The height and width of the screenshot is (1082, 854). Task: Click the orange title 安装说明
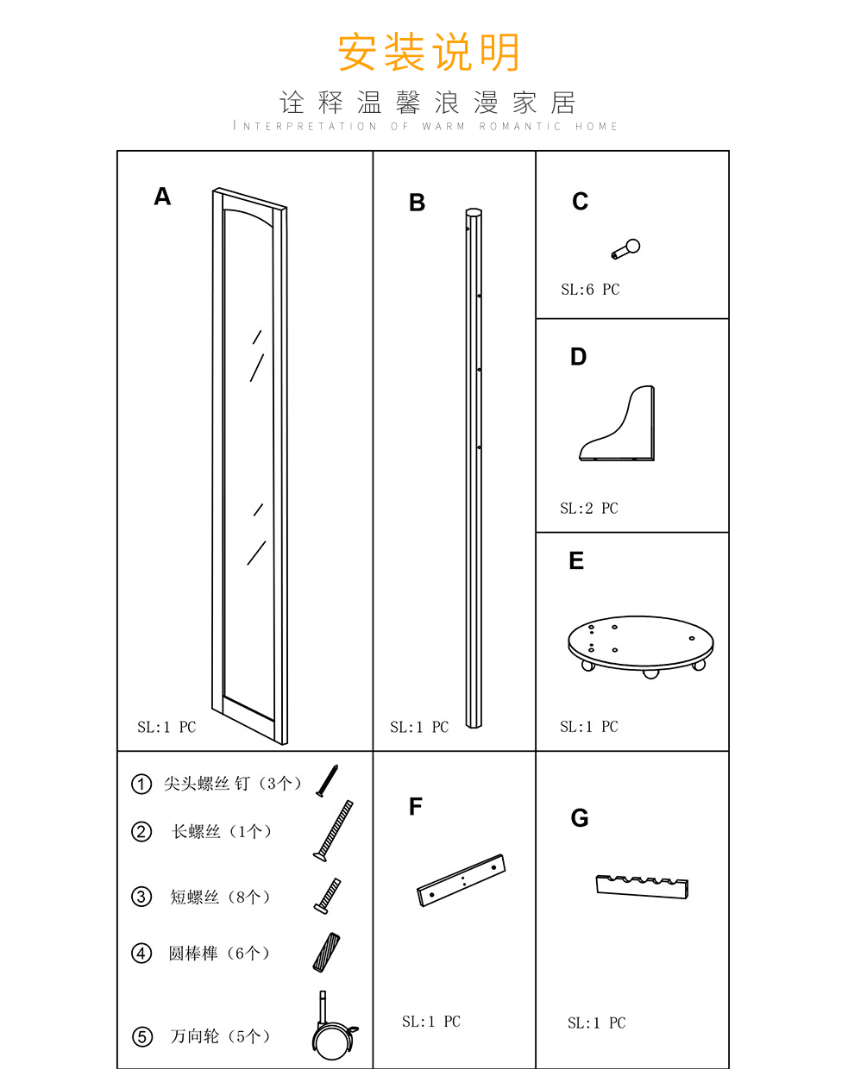(x=428, y=52)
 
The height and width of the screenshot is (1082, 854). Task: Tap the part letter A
(x=162, y=196)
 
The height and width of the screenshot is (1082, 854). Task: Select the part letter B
(x=417, y=203)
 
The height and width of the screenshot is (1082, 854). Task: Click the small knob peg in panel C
(x=625, y=249)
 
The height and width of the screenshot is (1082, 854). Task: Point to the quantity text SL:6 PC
(x=590, y=290)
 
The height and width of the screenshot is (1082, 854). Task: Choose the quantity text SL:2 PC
(x=589, y=509)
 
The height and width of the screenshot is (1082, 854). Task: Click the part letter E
(x=576, y=560)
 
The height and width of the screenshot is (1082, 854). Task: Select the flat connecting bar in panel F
(x=462, y=880)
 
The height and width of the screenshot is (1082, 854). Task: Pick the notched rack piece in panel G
(x=642, y=888)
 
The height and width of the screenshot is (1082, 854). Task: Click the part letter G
(x=579, y=818)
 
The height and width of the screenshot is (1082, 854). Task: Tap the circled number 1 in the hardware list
(x=141, y=784)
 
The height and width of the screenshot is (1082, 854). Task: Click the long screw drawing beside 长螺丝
(x=333, y=831)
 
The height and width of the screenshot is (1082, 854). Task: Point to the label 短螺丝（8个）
(x=221, y=897)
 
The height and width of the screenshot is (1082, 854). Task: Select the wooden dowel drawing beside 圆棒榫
(x=326, y=953)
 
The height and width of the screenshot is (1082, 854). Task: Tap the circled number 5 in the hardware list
(x=142, y=1037)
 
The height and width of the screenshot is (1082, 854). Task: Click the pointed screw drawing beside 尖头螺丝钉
(x=327, y=781)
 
